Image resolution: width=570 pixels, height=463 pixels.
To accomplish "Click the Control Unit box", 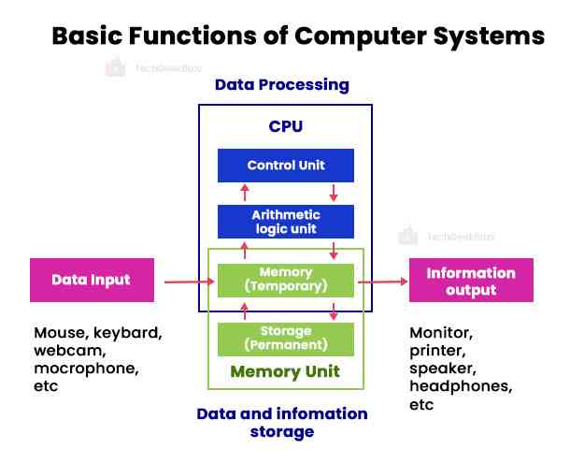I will coord(286,166).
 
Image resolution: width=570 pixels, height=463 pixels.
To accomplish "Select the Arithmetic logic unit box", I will coord(286,221).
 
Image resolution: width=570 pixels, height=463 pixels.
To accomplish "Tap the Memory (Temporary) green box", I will coord(286,280).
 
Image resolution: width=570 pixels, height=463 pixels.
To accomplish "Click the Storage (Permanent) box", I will coord(286,338).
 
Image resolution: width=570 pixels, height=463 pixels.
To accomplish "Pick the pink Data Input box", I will coord(92,280).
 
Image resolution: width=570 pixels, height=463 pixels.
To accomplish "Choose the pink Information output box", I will coord(471,280).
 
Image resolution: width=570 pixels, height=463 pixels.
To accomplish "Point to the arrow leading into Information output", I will coord(383,280).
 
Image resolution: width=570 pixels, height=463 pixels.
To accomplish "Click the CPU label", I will coord(285,125).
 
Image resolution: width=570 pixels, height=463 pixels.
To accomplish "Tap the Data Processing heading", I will coord(281,85).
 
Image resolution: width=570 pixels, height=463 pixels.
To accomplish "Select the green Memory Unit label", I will coord(285,372).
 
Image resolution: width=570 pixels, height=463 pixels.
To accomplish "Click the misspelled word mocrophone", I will coord(86,368).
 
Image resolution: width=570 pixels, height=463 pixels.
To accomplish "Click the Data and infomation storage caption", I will coord(281,422).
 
